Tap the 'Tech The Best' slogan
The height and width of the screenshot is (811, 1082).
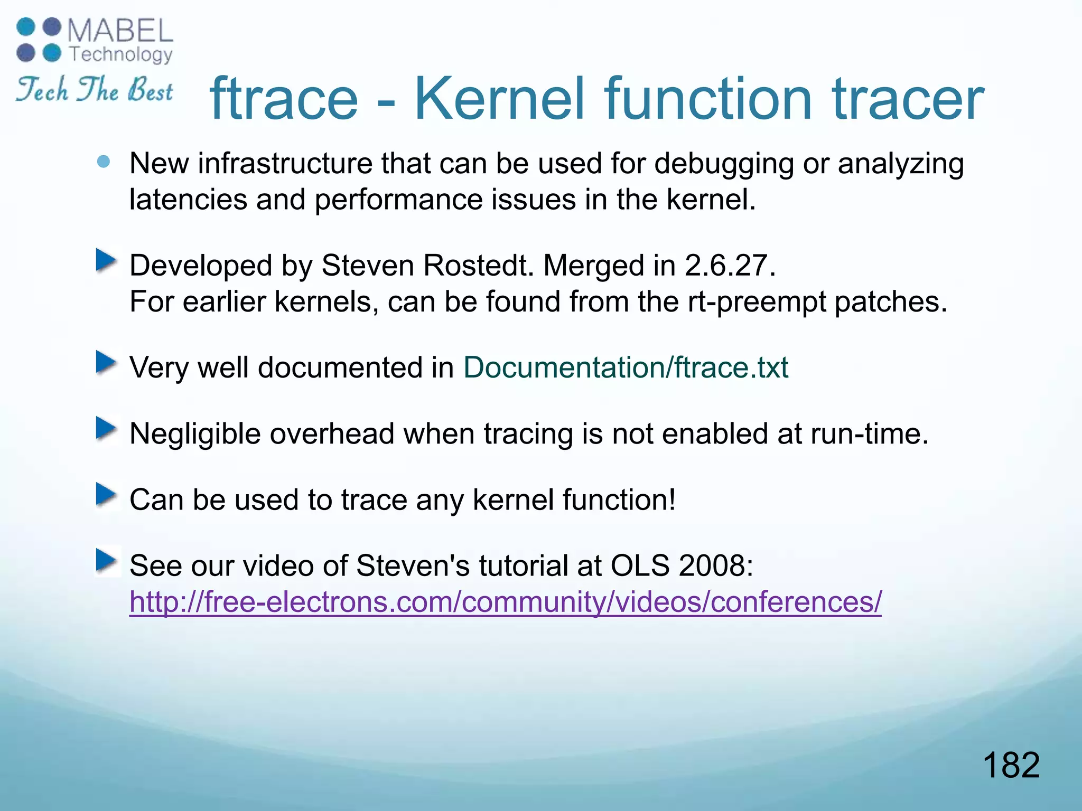(94, 90)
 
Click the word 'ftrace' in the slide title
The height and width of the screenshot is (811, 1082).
(284, 99)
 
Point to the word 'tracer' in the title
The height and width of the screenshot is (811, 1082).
(908, 99)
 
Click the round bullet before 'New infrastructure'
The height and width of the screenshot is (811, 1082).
(104, 162)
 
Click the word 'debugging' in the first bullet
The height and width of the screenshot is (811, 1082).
(724, 164)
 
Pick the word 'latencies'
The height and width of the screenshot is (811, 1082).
(188, 200)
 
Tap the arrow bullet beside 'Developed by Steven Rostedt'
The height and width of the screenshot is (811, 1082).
(106, 261)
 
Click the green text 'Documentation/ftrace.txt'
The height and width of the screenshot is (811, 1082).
(626, 367)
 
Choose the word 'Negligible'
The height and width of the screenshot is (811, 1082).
(195, 434)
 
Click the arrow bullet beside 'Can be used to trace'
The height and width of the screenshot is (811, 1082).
(106, 495)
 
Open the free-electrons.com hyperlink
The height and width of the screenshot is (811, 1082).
(506, 602)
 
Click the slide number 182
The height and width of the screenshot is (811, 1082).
(1011, 765)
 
